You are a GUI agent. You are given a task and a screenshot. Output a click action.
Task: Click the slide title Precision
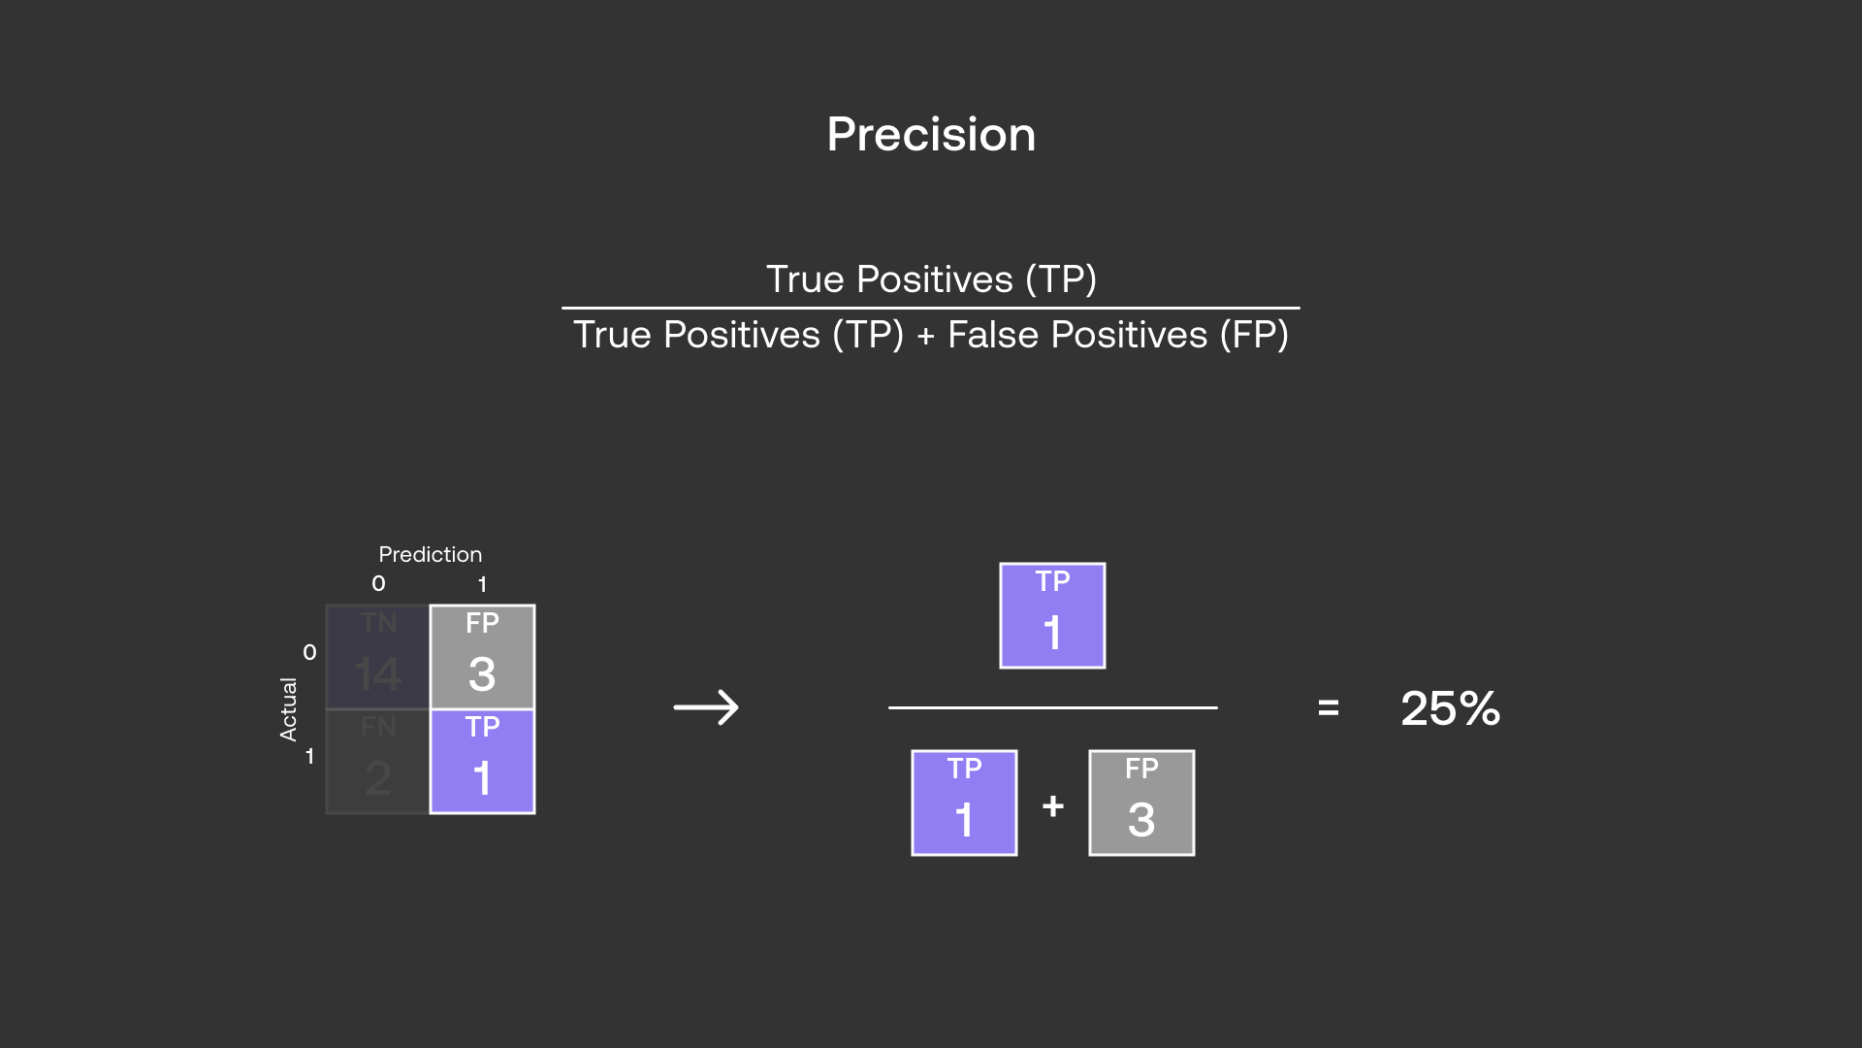(x=931, y=134)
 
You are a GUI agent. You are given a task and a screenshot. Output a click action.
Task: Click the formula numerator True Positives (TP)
(x=931, y=279)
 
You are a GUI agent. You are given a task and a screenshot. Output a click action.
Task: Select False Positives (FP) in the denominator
(x=1117, y=335)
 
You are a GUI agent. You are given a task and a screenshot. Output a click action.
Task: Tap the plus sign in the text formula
(x=925, y=336)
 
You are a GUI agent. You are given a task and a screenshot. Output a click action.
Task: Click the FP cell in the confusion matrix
(x=482, y=657)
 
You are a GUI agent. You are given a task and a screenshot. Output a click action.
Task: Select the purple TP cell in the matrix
(x=482, y=762)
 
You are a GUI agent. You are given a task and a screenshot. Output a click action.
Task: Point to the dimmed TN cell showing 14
(x=377, y=657)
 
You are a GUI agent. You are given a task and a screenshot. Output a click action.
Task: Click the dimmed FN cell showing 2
(x=377, y=762)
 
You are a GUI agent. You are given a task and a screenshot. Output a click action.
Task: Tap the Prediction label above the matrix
(x=430, y=554)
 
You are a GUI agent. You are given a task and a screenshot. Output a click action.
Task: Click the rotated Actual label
(x=288, y=709)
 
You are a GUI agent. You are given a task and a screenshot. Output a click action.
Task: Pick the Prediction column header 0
(x=378, y=583)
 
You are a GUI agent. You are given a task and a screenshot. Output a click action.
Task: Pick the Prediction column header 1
(x=482, y=584)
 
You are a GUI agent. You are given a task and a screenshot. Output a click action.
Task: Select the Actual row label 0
(x=309, y=652)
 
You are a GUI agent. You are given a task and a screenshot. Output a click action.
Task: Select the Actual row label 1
(x=309, y=756)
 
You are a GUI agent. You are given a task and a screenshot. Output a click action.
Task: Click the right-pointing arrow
(x=706, y=707)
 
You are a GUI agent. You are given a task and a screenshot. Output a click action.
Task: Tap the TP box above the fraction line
(x=1052, y=615)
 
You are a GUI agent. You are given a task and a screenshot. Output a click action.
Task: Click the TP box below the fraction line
(x=964, y=802)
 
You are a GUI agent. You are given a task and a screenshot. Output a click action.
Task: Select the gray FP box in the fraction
(x=1141, y=802)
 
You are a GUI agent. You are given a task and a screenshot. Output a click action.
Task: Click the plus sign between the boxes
(x=1053, y=805)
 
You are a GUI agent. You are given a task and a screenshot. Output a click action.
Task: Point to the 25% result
(x=1450, y=708)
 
